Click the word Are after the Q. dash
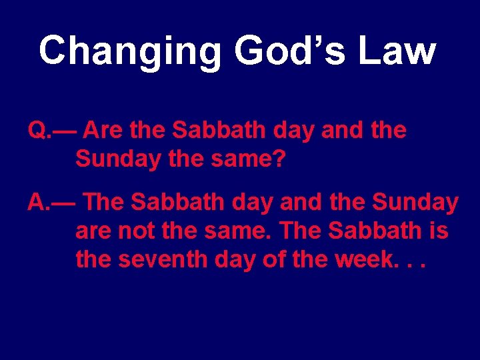pos(104,131)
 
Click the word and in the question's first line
pos(341,131)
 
